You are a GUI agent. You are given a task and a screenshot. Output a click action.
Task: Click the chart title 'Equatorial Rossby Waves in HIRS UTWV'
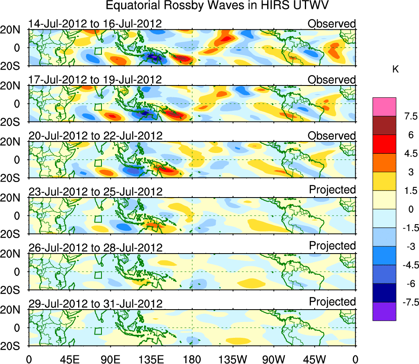217,7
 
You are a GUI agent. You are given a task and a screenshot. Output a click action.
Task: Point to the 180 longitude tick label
192,359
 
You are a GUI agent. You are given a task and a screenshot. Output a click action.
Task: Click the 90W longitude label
274,359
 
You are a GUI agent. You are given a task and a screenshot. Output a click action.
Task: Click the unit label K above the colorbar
395,70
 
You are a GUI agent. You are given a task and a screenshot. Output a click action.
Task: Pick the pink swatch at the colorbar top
384,107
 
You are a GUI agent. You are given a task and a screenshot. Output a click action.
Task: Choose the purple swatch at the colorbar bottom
384,311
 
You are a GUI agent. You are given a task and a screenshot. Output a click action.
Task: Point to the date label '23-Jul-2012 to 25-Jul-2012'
95,191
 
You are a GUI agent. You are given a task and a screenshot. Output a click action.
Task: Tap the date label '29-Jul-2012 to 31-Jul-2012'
95,303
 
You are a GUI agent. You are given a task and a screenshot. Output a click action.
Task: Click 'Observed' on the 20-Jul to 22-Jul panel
332,135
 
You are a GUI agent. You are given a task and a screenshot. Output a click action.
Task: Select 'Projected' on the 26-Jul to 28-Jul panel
332,246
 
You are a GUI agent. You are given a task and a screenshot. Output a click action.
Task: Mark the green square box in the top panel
98,51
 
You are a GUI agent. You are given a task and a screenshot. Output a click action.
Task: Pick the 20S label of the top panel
13,66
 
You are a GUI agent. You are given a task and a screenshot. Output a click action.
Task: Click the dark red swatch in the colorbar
384,126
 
